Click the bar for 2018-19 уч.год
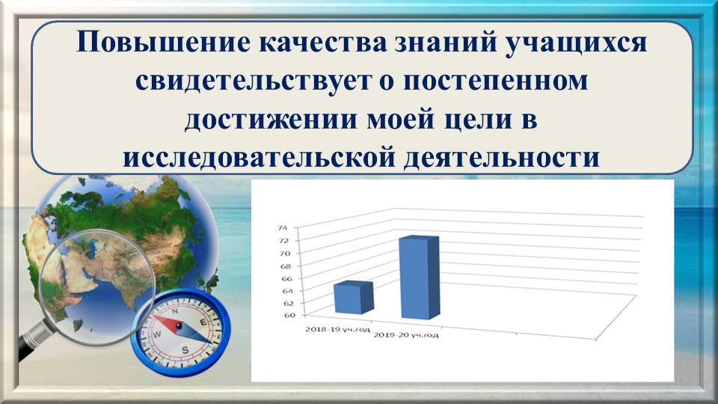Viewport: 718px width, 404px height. (x=354, y=297)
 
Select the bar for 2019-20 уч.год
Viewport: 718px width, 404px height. (x=420, y=278)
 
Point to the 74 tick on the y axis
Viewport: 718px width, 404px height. (x=283, y=227)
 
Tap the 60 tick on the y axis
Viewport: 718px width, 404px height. (x=290, y=315)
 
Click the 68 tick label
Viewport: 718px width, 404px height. (x=285, y=266)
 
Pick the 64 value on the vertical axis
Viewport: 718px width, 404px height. (x=288, y=291)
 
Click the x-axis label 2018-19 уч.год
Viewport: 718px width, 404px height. (x=337, y=329)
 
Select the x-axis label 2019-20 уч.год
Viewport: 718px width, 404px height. (x=405, y=335)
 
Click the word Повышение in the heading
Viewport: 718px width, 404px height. (x=163, y=42)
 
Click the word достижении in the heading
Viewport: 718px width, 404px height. (x=271, y=120)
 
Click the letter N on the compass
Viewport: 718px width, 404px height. (x=175, y=311)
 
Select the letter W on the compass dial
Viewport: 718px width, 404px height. (x=156, y=335)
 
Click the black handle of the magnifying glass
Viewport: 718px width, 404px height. (x=30, y=343)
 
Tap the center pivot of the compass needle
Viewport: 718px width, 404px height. (x=179, y=326)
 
